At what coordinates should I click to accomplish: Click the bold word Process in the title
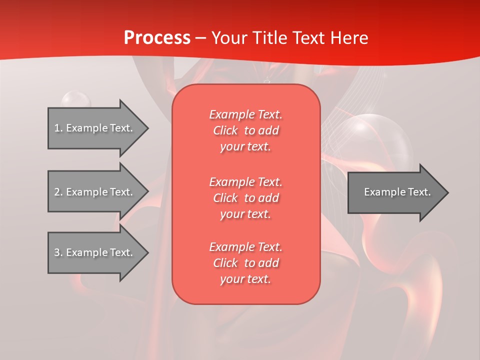pyautogui.click(x=157, y=38)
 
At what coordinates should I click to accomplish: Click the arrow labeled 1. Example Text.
pyautogui.click(x=98, y=128)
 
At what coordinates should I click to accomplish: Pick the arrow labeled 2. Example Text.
pyautogui.click(x=98, y=191)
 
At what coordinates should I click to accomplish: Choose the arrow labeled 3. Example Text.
pyautogui.click(x=98, y=252)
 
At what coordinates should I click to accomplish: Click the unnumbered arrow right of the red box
pyautogui.click(x=398, y=192)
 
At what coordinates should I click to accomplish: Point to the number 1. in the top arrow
pyautogui.click(x=58, y=128)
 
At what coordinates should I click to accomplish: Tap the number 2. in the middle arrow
pyautogui.click(x=58, y=192)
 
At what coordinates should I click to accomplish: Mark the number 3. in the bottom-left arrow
pyautogui.click(x=58, y=252)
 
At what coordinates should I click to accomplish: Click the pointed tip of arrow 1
pyautogui.click(x=148, y=128)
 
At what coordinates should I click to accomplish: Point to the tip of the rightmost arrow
pyautogui.click(x=448, y=192)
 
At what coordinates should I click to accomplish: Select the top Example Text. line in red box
pyautogui.click(x=246, y=114)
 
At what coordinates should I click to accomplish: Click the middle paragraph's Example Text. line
pyautogui.click(x=246, y=182)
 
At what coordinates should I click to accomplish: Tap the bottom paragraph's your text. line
pyautogui.click(x=245, y=279)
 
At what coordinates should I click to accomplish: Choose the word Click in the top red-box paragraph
pyautogui.click(x=225, y=130)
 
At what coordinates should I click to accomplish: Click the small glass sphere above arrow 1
pyautogui.click(x=76, y=99)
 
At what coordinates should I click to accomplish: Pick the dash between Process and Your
pyautogui.click(x=201, y=39)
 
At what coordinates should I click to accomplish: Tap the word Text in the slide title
pyautogui.click(x=308, y=38)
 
